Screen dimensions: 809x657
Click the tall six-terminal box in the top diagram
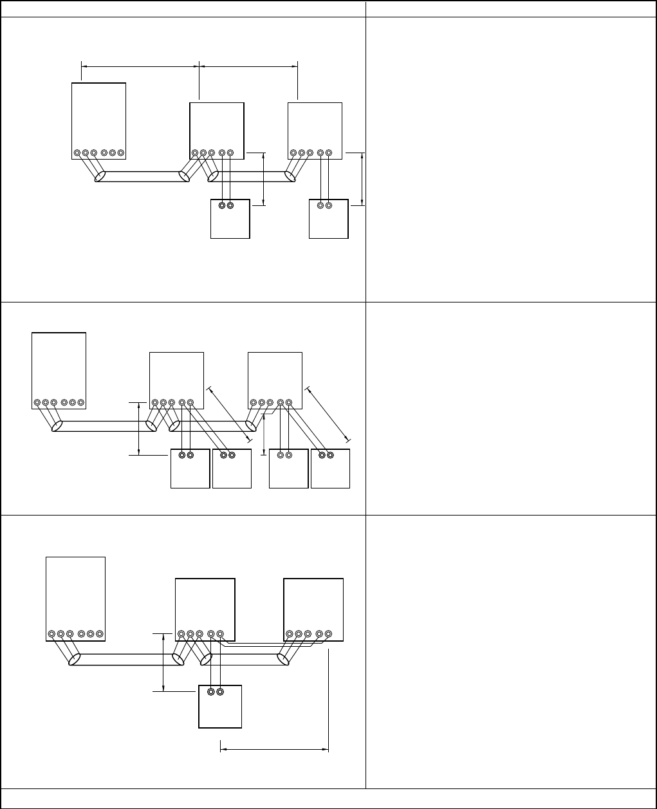pos(98,119)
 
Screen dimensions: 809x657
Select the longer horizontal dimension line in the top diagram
pos(140,65)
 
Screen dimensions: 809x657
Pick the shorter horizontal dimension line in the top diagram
pos(249,65)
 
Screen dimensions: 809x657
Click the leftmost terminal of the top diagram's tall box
pos(77,153)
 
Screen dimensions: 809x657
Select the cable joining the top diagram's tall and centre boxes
pos(142,177)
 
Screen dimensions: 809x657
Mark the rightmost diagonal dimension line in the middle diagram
pos(328,413)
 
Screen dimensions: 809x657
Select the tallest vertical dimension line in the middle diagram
pos(139,429)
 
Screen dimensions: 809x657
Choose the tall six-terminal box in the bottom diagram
pos(75,595)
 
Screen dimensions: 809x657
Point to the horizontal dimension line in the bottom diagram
pos(275,749)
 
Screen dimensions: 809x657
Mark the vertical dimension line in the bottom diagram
pos(164,663)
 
